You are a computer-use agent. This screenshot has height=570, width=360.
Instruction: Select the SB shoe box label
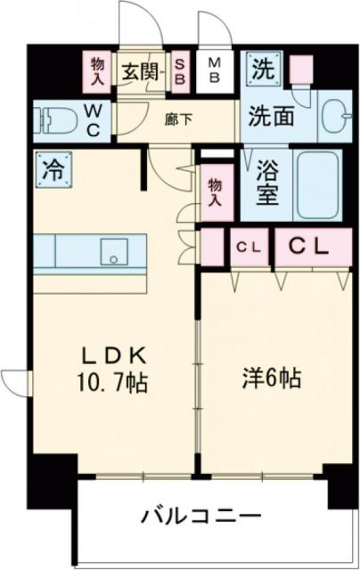pos(180,69)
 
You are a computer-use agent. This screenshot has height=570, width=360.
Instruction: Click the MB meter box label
pos(216,69)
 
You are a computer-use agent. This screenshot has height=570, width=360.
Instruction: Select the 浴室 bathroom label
pos(266,183)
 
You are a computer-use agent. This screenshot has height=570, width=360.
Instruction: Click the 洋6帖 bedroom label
pos(272,377)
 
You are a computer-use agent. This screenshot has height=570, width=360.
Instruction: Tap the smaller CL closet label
pos(247,247)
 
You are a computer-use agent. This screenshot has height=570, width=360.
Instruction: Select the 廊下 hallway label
pos(179,117)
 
